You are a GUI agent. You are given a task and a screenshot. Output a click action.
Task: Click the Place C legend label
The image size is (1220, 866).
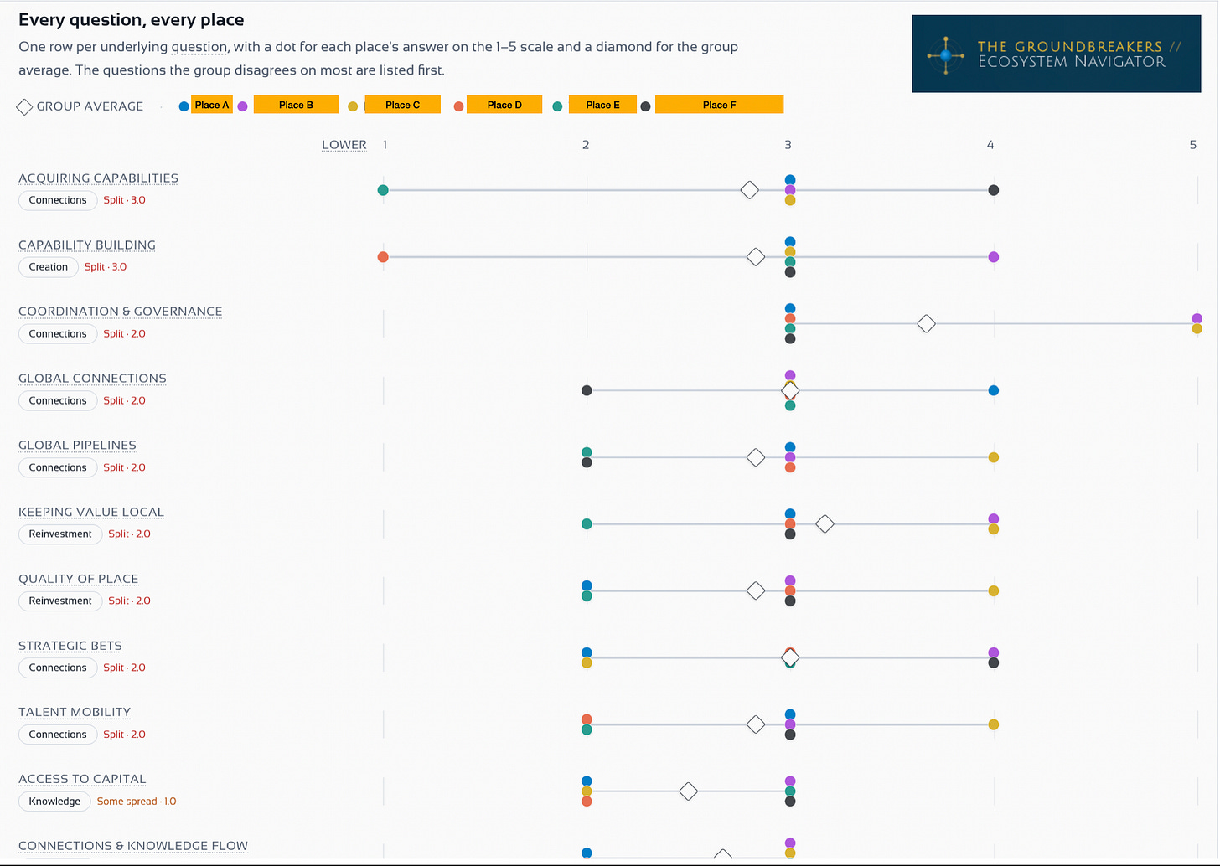pos(402,105)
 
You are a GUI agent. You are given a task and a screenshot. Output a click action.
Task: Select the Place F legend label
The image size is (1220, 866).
pos(719,105)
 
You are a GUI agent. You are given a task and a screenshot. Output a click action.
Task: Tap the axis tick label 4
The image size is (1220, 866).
pos(990,145)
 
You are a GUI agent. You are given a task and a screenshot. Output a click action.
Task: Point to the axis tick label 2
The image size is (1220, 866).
pos(586,145)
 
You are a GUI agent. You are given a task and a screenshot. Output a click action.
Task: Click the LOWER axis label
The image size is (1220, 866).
pos(344,145)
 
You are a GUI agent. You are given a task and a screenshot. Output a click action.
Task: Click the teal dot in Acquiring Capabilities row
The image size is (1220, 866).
pos(383,190)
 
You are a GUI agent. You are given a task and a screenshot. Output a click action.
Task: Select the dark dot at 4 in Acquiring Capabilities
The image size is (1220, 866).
pos(994,190)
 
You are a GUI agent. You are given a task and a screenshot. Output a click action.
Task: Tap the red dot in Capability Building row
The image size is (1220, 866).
pos(383,257)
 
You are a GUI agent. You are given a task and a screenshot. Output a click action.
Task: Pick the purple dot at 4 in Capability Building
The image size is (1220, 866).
pos(994,257)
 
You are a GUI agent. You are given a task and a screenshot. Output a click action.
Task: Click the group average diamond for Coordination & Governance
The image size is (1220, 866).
pos(926,324)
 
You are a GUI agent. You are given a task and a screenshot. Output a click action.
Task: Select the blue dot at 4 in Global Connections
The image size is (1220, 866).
pos(994,390)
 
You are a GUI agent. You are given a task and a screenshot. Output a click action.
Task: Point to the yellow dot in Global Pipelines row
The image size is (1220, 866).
pos(994,457)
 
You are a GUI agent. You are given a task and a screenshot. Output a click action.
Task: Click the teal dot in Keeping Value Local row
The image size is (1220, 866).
pos(587,523)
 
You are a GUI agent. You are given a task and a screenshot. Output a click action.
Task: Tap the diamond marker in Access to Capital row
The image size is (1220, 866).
pos(689,791)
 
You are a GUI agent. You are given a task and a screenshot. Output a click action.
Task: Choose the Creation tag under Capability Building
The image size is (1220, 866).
pos(49,266)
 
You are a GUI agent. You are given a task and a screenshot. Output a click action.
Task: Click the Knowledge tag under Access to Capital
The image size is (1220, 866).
pos(54,802)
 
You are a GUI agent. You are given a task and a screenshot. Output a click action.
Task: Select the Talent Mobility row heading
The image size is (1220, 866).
pos(75,712)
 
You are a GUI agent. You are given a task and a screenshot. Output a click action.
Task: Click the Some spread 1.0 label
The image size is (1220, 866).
pos(137,802)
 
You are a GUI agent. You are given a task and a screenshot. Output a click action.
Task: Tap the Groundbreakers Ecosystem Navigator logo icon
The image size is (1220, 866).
pos(946,55)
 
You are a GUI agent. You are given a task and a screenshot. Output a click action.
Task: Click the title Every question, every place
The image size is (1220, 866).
pos(132,20)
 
